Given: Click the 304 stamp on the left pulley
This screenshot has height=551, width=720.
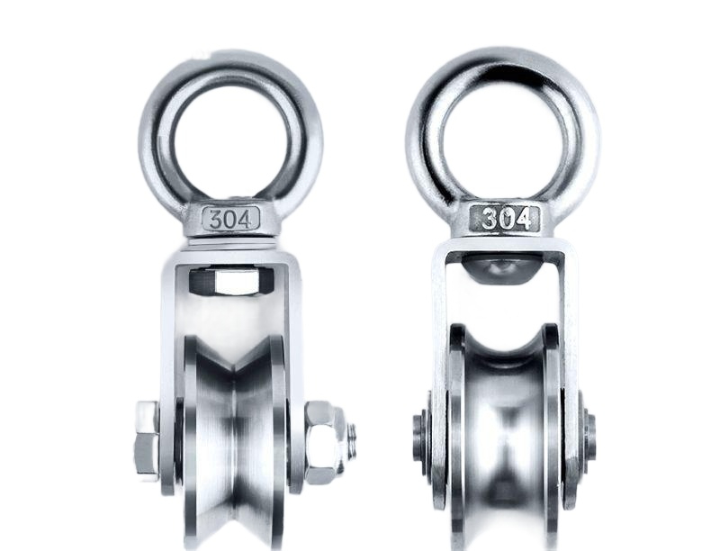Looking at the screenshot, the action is click(231, 219).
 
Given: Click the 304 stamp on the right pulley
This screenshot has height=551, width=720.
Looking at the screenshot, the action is click(506, 218).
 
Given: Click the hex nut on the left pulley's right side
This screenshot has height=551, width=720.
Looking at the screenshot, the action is click(323, 442).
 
